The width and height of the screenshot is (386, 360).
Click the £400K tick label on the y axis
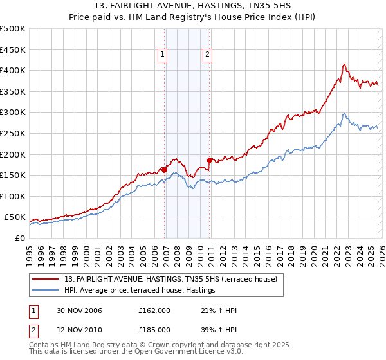point(13,70)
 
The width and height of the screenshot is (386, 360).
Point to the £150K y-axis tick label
point(13,175)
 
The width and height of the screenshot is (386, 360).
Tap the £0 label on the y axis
point(20,238)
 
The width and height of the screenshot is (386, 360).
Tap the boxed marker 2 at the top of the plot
point(208,55)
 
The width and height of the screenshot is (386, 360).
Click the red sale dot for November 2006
point(165,170)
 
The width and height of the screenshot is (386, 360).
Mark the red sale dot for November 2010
point(209,160)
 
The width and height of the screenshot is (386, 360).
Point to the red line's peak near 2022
point(345,64)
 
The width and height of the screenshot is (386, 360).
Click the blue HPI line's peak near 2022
point(345,113)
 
